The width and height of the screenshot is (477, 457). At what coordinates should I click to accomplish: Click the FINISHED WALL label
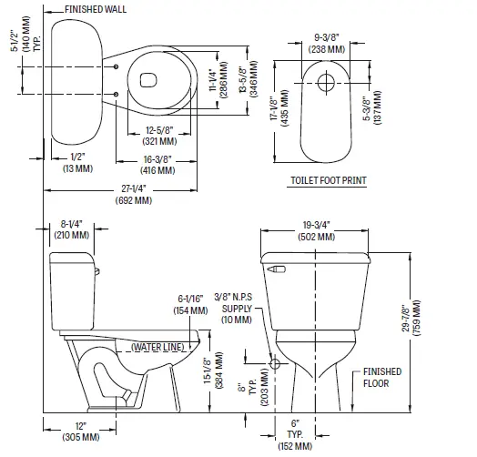pos(95,10)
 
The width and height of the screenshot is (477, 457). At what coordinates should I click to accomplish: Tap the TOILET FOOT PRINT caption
pos(328,181)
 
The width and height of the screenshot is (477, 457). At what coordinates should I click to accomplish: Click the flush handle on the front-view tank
pos(277,269)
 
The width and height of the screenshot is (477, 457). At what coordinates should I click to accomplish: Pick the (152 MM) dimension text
pos(295,447)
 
